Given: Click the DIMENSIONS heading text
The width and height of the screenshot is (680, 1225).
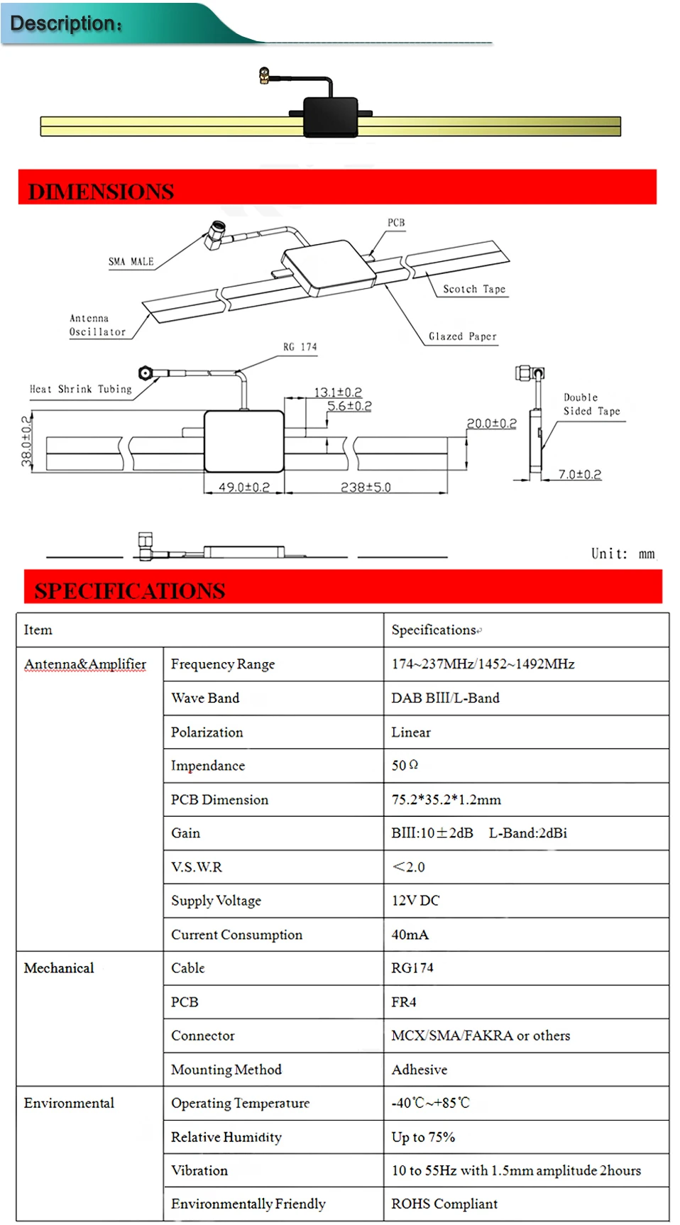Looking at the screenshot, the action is point(101,192).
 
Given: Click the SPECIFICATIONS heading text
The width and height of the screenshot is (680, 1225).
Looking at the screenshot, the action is point(130,590).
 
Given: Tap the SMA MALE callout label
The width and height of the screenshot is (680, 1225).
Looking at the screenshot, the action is point(131,261).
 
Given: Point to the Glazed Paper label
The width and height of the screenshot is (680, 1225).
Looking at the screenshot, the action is point(463,336).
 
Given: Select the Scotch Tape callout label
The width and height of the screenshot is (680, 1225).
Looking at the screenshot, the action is point(474,289).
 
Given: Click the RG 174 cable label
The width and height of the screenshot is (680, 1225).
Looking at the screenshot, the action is point(300,347).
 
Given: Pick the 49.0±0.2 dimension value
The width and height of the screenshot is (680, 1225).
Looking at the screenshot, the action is point(244,487).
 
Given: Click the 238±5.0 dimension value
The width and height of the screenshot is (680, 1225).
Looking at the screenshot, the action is point(366,487).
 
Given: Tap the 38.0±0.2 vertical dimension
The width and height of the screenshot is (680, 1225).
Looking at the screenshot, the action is point(27,441).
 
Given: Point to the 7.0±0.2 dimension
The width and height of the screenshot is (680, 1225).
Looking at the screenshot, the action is point(580,474).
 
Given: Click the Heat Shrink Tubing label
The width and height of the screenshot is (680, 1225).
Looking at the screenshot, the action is point(81,389).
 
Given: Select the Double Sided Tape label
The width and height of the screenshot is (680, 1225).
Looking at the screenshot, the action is point(592,404).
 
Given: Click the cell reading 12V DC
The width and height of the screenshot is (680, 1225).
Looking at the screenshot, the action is point(415,900).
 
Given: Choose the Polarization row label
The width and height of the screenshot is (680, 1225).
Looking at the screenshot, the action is point(207,732).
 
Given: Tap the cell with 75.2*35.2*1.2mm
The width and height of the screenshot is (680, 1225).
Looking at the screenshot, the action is point(446,799).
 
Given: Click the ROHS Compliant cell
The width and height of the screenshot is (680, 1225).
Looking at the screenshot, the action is point(444,1204).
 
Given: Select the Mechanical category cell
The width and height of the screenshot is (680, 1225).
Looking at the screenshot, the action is point(59,968).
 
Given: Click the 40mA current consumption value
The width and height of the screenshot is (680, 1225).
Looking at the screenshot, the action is point(410,934).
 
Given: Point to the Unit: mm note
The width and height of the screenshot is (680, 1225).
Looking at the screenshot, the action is point(623,554).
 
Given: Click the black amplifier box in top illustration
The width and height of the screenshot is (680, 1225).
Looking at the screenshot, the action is point(331,116).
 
